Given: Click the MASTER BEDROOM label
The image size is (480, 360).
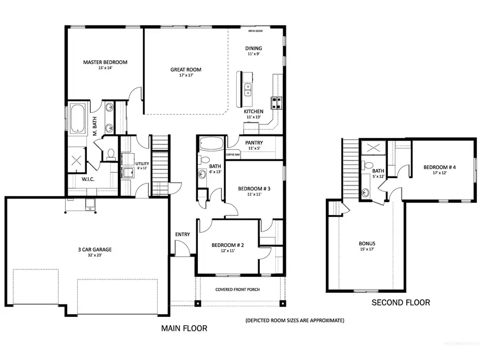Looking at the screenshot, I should coord(105,62).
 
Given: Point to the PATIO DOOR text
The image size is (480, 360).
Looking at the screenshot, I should coord(263,31).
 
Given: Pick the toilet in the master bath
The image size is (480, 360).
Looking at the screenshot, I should coord(111,154).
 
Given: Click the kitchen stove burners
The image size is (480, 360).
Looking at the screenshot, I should coord(277,102).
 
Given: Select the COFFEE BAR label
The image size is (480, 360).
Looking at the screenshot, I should coord(233,154).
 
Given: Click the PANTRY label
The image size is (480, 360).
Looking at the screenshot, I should coord(253,143).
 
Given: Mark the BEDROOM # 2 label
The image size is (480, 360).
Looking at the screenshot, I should coord(227,245).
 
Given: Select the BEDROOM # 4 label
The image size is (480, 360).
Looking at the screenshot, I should coord(439,167).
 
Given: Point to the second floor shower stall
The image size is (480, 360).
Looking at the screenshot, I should coord(369,148).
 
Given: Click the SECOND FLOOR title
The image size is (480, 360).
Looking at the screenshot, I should coord(400,302).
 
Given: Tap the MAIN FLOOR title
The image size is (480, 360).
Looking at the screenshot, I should coord(184,329).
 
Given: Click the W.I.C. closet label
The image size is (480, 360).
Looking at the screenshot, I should coord(89,179).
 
